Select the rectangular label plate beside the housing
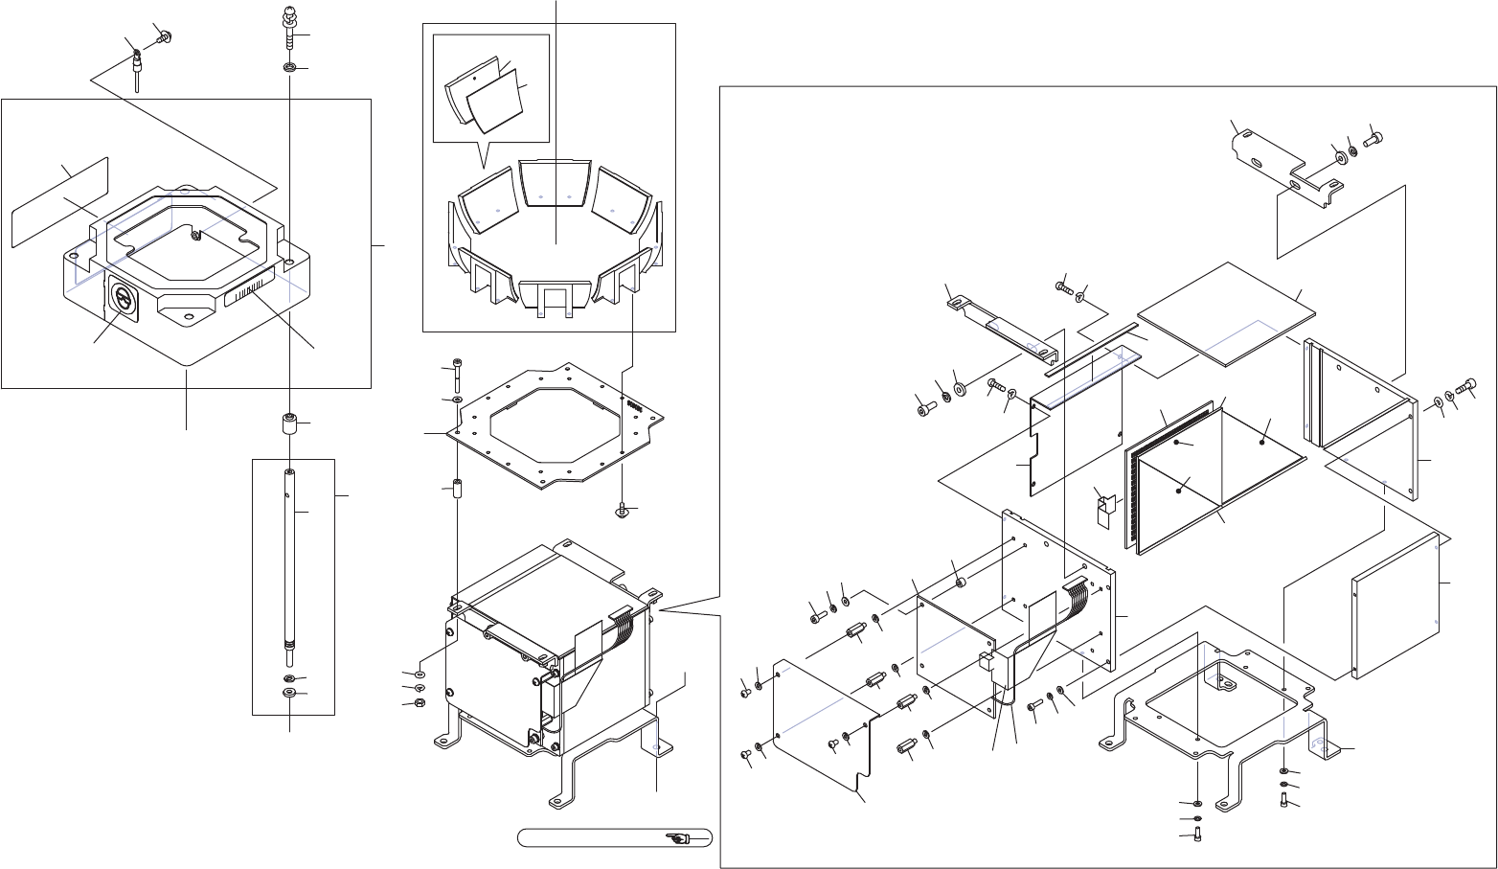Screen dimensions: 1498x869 57,201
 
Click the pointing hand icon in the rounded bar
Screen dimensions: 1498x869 678,838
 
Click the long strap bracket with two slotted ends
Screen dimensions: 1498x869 1001,326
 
